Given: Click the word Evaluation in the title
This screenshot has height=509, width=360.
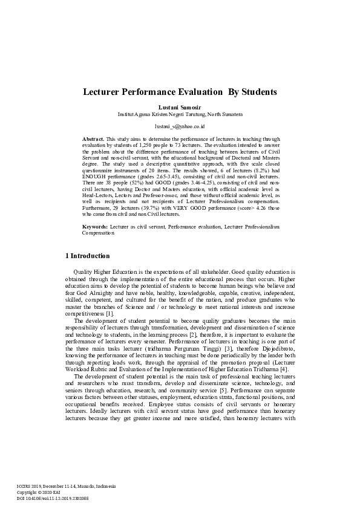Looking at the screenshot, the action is [189, 92].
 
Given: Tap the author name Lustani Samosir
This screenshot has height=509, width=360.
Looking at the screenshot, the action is [180, 106].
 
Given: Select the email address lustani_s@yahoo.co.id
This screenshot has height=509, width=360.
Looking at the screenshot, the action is [180, 126].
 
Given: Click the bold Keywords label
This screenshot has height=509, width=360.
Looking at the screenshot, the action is [96, 226].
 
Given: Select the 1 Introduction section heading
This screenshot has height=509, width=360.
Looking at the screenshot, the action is [87, 256].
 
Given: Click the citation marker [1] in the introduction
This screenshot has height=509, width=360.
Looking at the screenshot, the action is [110, 314].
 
